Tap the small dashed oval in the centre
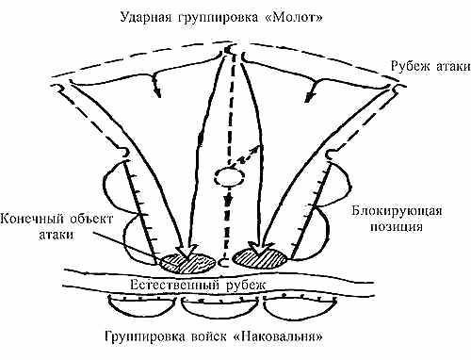[x=228, y=177]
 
